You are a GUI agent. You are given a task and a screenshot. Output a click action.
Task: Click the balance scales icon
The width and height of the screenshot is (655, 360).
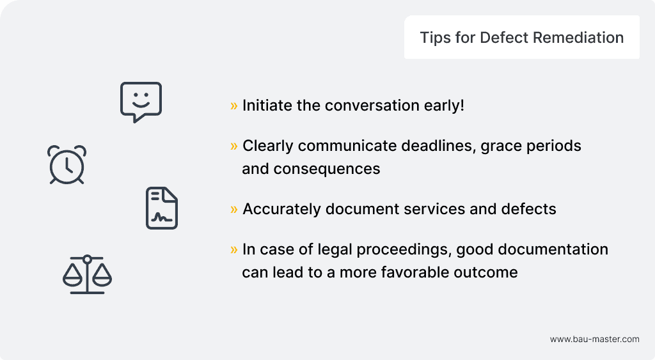point(87,276)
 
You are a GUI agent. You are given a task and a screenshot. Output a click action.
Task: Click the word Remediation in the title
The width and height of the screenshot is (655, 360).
point(578,38)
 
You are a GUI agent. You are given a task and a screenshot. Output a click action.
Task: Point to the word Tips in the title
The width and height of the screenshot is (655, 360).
point(435,38)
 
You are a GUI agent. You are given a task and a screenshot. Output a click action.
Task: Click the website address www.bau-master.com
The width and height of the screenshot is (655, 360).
point(594,339)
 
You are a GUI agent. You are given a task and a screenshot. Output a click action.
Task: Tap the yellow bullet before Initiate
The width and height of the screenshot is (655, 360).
point(234,106)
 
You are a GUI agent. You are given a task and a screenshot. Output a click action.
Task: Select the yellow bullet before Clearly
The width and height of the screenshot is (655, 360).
point(234,146)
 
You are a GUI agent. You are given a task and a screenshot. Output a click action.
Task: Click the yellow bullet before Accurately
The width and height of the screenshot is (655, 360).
point(234,209)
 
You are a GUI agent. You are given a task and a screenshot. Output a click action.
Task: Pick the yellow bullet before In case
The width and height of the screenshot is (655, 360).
point(234,250)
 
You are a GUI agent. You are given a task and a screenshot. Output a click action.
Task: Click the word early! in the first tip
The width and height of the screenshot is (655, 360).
point(444,106)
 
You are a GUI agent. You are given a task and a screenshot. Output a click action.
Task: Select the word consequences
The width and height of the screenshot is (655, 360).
point(327,169)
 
